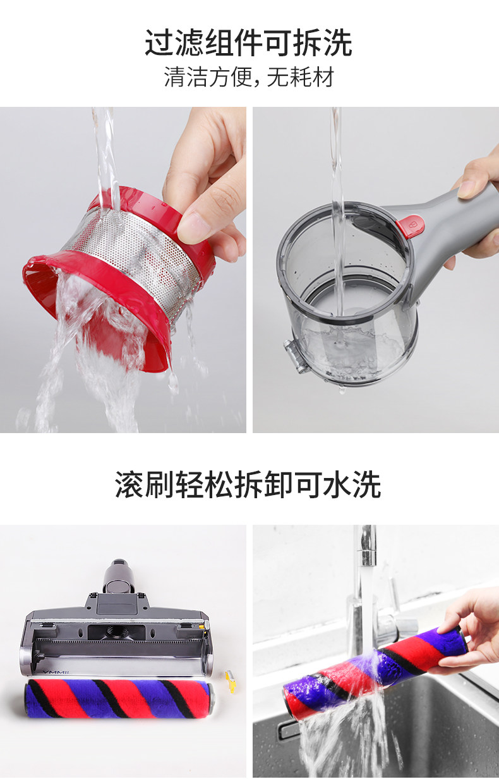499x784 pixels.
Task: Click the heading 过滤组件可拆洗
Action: pos(249,43)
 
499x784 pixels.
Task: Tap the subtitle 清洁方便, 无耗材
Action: pos(249,77)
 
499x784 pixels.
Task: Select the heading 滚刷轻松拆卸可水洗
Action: pos(248,485)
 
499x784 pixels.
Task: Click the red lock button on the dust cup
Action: pos(411,226)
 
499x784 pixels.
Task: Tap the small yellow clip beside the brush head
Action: pos(231,681)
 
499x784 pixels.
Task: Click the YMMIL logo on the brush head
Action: pos(53,672)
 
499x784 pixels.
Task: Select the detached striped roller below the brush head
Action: pos(119,699)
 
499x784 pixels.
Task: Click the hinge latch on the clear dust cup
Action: pos(294,355)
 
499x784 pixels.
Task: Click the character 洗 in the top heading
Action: pos(338,43)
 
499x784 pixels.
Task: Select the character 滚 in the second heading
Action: pos(129,485)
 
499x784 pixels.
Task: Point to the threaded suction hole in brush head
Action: pos(116,632)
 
